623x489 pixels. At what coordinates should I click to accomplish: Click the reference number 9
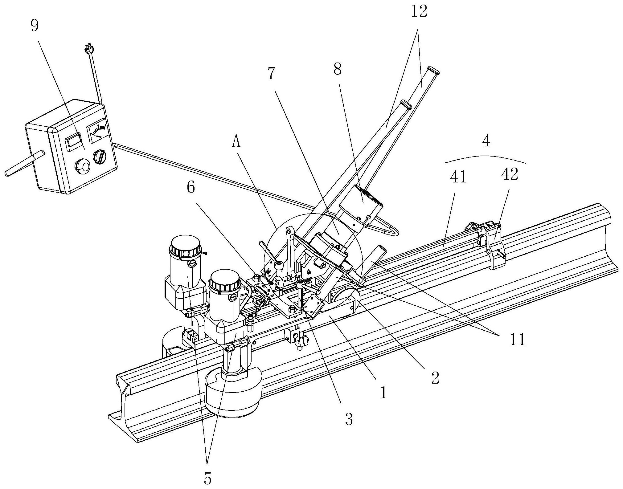[35, 26]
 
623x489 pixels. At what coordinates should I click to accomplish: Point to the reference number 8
[338, 70]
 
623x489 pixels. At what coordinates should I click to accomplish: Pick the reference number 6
[191, 188]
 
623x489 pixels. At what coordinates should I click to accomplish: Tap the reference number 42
[510, 175]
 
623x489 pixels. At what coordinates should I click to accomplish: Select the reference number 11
[518, 340]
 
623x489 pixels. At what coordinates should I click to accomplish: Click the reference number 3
[349, 419]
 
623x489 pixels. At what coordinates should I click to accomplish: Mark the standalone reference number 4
[486, 141]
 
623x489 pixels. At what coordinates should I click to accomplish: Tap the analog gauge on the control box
[97, 129]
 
